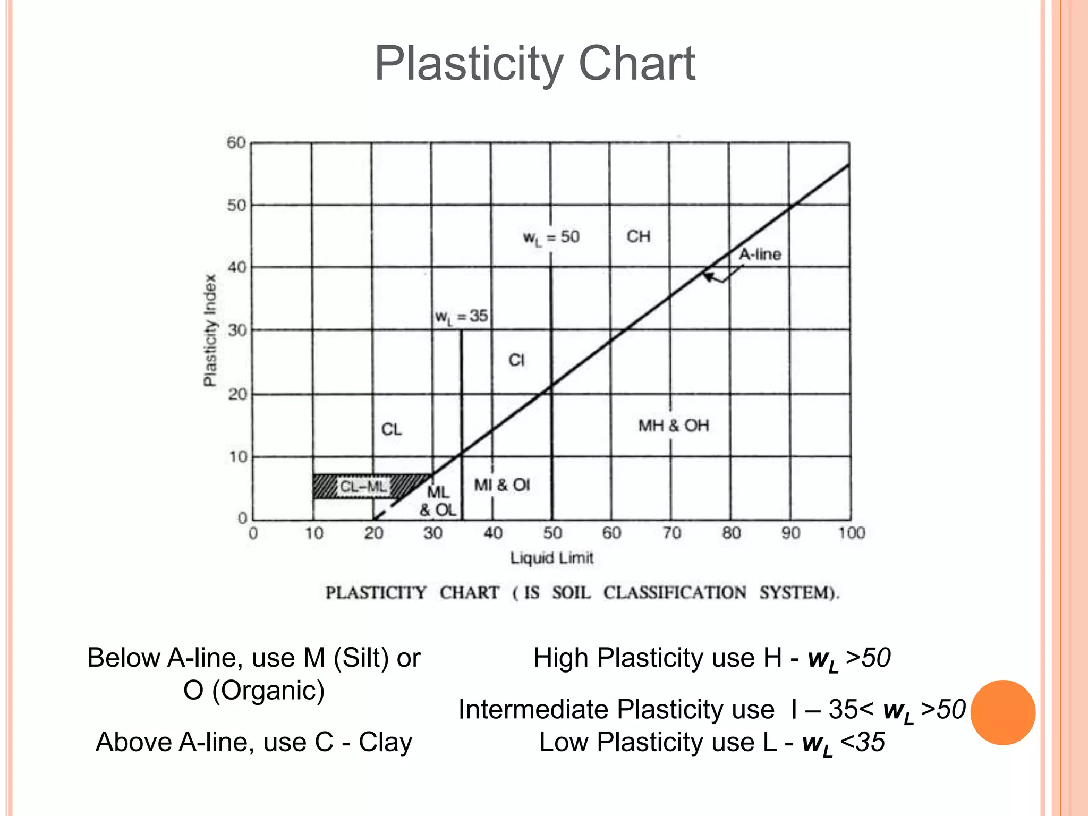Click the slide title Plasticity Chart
(x=534, y=64)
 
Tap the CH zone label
(x=638, y=236)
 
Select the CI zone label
(x=516, y=361)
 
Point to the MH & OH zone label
(x=674, y=426)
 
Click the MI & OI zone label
(x=501, y=485)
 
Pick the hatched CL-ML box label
(x=364, y=487)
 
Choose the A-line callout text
(x=760, y=254)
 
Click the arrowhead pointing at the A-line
(x=708, y=276)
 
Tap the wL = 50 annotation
(x=551, y=237)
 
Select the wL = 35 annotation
(x=461, y=317)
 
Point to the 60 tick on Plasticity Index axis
(x=236, y=143)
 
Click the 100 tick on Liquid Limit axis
(x=851, y=533)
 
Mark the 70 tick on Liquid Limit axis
(x=672, y=533)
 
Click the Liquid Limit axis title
(x=551, y=558)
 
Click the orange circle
(x=1002, y=712)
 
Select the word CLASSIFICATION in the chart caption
(x=675, y=592)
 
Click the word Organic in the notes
(x=268, y=691)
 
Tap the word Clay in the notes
(x=385, y=742)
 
